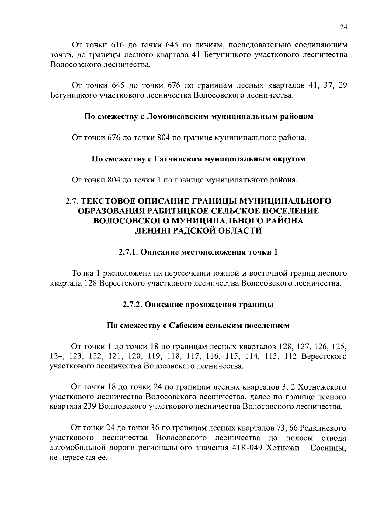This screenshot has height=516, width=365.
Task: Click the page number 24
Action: [x=343, y=27]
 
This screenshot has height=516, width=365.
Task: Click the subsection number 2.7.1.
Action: [x=128, y=252]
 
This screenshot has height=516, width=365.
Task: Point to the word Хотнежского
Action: [x=322, y=387]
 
